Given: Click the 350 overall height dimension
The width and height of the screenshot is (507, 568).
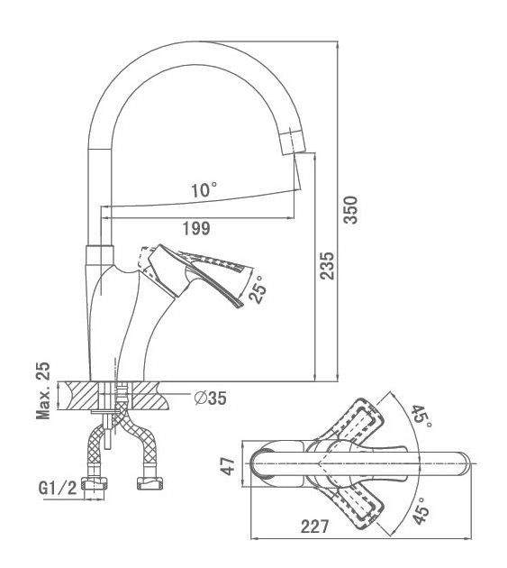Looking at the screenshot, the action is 350,210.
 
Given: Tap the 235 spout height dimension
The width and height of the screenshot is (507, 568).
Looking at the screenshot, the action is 327,266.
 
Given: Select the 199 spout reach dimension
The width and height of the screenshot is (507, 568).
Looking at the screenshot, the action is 195,229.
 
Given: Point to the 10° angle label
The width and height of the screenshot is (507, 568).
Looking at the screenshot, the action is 204,190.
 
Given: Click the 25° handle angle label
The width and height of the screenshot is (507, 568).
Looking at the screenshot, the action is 258,289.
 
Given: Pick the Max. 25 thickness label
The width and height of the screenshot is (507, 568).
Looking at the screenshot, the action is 44,390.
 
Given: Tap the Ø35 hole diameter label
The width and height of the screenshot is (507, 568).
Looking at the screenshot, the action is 210,399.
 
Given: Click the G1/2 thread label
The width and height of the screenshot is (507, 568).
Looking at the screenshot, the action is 58,488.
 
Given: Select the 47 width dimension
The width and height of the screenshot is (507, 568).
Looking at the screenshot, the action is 229,465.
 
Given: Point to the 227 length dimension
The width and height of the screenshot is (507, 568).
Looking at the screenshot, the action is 315,527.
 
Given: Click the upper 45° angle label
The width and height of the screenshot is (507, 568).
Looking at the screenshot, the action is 421,417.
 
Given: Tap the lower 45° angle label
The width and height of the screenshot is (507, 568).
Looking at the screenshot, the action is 421,509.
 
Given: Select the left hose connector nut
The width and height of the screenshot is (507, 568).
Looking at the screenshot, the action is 95,483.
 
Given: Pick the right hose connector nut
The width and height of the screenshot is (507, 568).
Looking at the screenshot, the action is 149,483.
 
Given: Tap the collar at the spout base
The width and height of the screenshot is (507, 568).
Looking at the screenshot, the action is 100,256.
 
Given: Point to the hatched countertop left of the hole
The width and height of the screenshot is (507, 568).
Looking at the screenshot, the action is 78,396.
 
